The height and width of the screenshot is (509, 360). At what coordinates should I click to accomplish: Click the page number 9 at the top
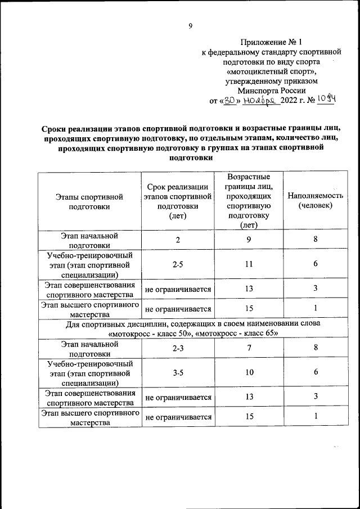[190, 25]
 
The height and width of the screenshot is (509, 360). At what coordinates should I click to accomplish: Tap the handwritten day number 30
[229, 100]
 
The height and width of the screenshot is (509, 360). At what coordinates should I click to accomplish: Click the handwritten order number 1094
[325, 99]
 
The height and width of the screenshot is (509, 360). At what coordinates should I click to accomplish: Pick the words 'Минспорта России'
[271, 90]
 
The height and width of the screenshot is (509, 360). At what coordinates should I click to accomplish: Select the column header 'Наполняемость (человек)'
[315, 201]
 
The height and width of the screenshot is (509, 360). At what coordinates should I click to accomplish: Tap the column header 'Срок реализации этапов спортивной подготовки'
[177, 201]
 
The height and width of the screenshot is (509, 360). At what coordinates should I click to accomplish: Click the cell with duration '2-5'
[177, 264]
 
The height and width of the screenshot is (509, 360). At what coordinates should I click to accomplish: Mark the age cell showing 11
[248, 264]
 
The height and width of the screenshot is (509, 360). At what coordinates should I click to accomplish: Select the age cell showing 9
[248, 240]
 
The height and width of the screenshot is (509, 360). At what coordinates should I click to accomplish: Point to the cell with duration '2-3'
[178, 349]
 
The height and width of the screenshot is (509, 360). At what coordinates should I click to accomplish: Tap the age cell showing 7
[248, 349]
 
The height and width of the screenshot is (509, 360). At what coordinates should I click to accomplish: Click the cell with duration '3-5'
[178, 373]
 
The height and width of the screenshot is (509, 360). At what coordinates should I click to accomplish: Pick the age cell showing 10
[248, 373]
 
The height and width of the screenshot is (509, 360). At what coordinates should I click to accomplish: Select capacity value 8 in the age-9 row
[316, 240]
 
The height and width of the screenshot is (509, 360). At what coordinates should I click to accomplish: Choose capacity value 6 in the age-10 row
[316, 373]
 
